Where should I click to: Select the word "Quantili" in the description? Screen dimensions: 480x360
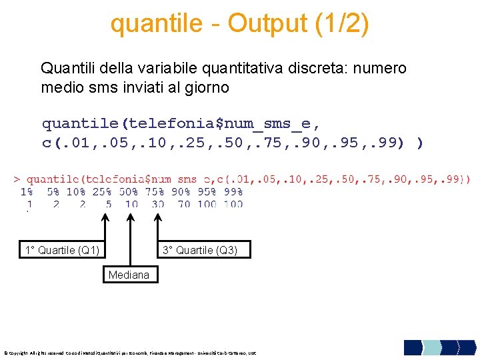coord(66,68)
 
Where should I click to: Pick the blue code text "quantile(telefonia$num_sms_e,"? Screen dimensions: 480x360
coord(181,123)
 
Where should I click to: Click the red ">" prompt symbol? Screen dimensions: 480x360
coord(17,179)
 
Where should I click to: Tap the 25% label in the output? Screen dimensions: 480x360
coord(102,191)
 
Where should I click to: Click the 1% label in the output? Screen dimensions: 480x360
coord(27,191)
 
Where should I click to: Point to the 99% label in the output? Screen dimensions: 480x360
coord(233,191)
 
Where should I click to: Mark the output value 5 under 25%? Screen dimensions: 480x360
coord(108,204)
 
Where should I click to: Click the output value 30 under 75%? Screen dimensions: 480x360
coord(157,204)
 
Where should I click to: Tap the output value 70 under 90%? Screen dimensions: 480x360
coord(183,204)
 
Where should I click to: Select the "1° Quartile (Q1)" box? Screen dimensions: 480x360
coord(62,251)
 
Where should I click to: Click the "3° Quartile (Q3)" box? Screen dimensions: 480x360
coord(205,251)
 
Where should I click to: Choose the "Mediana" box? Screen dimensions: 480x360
coord(129,275)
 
